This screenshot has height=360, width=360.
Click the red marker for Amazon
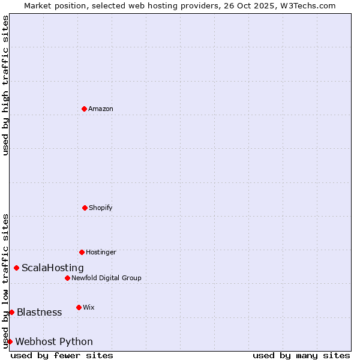point(85,109)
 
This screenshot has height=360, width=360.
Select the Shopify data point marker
point(85,208)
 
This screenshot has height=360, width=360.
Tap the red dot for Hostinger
point(82,252)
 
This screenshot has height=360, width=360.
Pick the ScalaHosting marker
point(16,268)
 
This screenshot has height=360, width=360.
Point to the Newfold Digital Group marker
point(67,278)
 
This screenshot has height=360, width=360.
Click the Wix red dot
point(79,307)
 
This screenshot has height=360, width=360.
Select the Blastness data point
point(11,312)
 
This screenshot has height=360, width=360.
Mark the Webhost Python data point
point(10,341)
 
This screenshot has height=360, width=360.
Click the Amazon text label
point(101,109)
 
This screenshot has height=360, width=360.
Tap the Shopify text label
point(101,208)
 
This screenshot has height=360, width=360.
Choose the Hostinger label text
point(101,252)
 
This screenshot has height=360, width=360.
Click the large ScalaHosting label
point(53,268)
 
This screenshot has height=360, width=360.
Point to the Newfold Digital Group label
point(106,278)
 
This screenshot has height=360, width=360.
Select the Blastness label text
point(39,312)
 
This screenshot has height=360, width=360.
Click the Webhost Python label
point(54,341)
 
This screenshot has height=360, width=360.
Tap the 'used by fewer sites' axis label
point(62,355)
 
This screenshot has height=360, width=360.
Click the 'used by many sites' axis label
point(301,355)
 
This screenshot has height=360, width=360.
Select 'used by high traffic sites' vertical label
point(5,86)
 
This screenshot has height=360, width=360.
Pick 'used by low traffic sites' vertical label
point(5,281)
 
